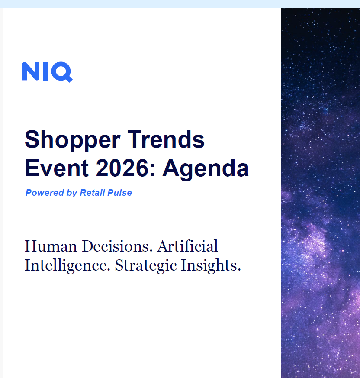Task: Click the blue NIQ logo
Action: pos(47,72)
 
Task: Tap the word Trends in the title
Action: pos(166,139)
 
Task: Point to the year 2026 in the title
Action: pos(122,168)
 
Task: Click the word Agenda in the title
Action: pos(206,169)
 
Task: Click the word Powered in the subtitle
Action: pos(45,193)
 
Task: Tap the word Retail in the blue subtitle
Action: pos(93,193)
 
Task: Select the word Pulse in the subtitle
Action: pos(119,193)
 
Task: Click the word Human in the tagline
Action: pos(51,246)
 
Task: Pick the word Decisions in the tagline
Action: pos(117,246)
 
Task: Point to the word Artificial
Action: pos(187,246)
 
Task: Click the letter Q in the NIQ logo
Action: pos(62,72)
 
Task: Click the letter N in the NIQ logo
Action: pos(31,71)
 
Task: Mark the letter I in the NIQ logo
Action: pos(46,71)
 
